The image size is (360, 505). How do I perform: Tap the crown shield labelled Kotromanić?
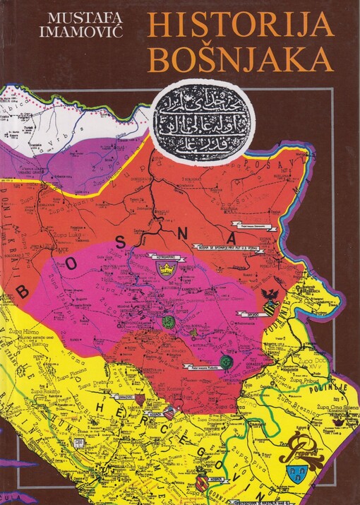tap(165, 271)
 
